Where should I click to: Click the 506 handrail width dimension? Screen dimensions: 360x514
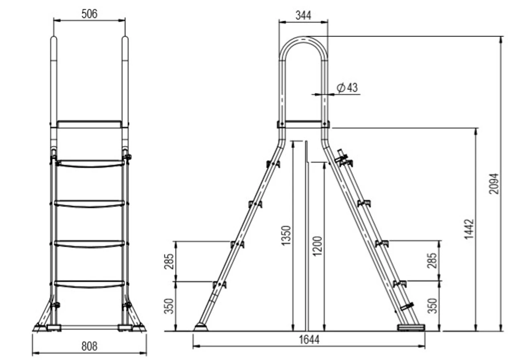pyautogui.click(x=89, y=14)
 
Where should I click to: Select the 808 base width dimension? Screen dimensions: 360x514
pyautogui.click(x=89, y=346)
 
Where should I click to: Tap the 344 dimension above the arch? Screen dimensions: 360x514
pyautogui.click(x=303, y=15)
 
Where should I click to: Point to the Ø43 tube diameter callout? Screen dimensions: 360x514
pyautogui.click(x=347, y=88)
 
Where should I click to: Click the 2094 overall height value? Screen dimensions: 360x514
pyautogui.click(x=494, y=184)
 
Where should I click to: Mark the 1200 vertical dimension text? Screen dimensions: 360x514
pyautogui.click(x=317, y=246)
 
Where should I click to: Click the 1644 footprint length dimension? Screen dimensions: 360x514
pyautogui.click(x=309, y=340)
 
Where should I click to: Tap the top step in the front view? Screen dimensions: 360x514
pyautogui.click(x=89, y=164)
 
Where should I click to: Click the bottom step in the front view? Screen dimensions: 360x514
pyautogui.click(x=89, y=284)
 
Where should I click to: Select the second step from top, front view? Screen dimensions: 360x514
pyautogui.click(x=89, y=204)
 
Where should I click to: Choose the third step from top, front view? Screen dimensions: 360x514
pyautogui.click(x=89, y=244)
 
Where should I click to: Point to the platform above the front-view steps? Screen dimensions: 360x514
pyautogui.click(x=89, y=124)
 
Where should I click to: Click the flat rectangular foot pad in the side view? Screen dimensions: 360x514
pyautogui.click(x=411, y=327)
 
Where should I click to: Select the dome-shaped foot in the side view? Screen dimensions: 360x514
pyautogui.click(x=201, y=327)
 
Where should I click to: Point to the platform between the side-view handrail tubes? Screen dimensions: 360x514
pyautogui.click(x=303, y=124)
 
